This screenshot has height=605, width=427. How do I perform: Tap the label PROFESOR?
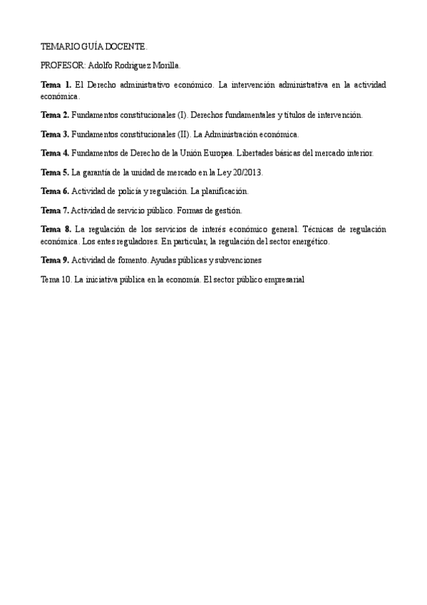pos(63,65)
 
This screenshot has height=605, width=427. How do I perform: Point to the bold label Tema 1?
pos(56,85)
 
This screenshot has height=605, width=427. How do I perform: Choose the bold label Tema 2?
pos(55,114)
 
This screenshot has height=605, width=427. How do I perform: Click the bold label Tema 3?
pos(55,133)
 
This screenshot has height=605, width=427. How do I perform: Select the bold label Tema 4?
pos(55,153)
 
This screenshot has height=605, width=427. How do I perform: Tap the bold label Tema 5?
pos(55,172)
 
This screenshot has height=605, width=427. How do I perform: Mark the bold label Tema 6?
pos(55,191)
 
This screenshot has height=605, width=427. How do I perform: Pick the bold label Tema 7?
pos(55,210)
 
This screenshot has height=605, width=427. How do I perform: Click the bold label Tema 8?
pos(56,229)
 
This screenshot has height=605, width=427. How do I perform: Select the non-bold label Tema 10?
pos(56,280)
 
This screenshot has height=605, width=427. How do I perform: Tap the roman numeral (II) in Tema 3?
pos(183,133)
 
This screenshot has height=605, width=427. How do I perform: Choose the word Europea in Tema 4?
pos(218,153)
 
